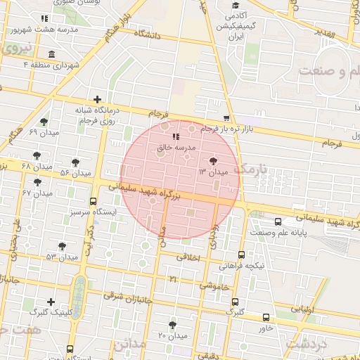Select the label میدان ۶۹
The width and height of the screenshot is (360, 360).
point(43,132)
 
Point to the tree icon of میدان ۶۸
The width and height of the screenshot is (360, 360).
point(37,155)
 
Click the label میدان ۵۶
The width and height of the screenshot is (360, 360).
point(75,172)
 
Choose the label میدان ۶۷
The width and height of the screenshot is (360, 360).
point(37,193)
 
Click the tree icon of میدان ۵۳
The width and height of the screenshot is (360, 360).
point(63,246)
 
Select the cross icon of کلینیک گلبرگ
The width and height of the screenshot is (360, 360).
point(51,302)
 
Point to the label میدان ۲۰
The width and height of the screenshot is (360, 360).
point(172,335)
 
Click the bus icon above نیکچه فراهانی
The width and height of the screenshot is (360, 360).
point(242,255)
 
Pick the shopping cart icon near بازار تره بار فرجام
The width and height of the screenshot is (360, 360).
point(226,118)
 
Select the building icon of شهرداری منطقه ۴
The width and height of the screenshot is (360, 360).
point(51,55)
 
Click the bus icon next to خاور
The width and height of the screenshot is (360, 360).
point(266,318)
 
